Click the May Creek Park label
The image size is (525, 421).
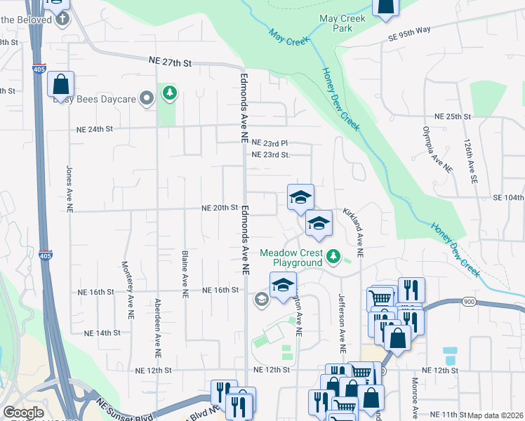pos(342,24)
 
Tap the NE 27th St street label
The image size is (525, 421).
pos(170,62)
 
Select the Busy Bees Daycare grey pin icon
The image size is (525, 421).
pos(147,99)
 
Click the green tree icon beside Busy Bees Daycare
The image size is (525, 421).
pos(169,93)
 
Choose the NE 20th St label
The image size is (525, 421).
pos(220,208)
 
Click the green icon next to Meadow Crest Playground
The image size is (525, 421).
pos(335,258)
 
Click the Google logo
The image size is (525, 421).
pos(23,413)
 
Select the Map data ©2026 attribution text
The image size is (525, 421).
pos(496,415)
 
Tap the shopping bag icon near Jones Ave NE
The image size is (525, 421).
pos(61,84)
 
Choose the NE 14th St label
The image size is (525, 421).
pos(102,333)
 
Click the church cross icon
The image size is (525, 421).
pos(63,18)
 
